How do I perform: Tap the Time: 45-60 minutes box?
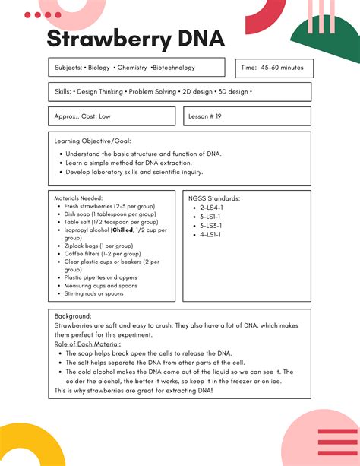[273, 68]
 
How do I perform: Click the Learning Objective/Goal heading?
[93, 141]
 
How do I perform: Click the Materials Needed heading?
[81, 198]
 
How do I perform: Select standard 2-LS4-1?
[210, 208]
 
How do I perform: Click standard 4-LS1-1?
[210, 235]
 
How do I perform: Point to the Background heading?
[73, 315]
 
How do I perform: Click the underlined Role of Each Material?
[87, 344]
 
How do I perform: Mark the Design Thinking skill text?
[104, 92]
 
